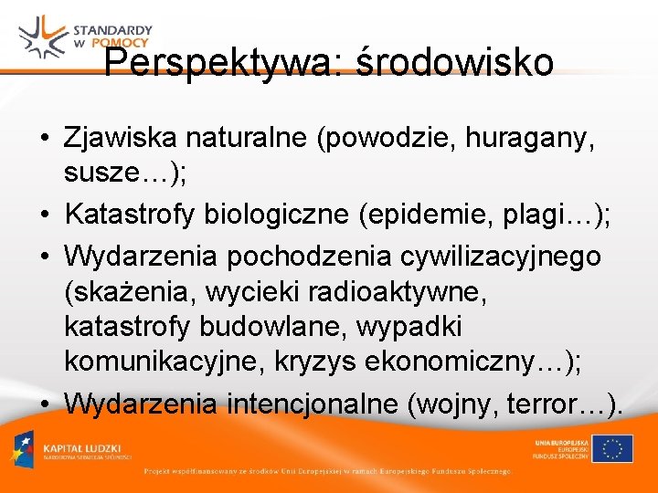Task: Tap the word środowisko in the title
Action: pos(454,63)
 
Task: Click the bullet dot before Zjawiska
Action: pos(44,140)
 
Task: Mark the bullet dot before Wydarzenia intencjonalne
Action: pos(44,402)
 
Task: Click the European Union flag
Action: pos(611,448)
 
